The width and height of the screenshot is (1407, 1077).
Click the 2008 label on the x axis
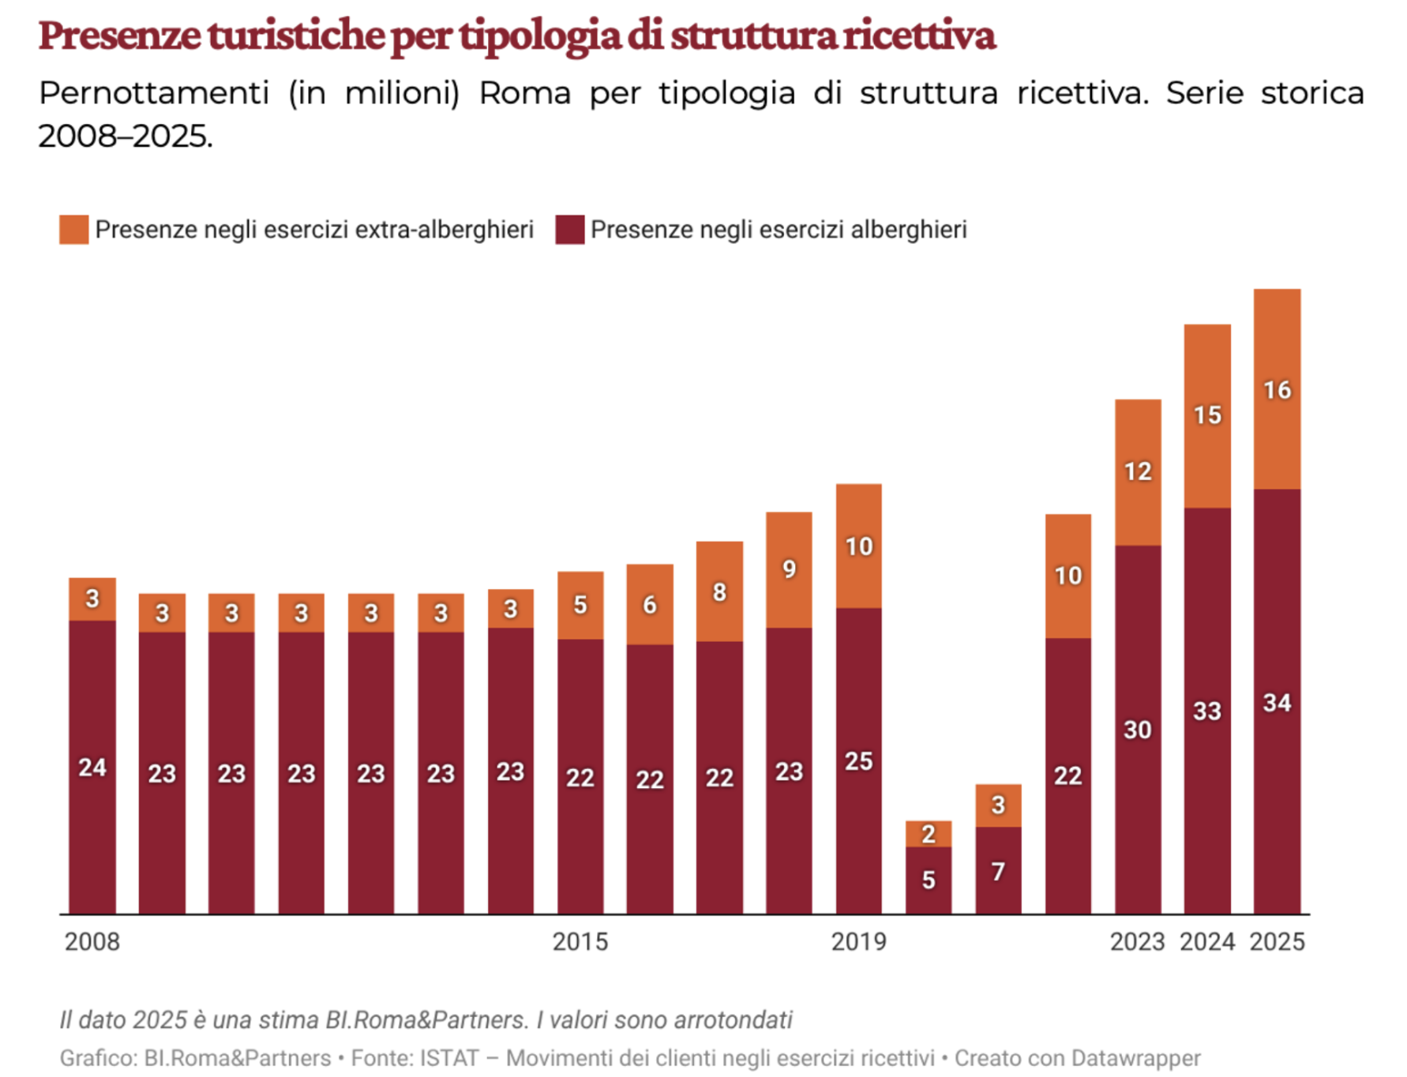click(92, 941)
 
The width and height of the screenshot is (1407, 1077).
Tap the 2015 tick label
click(580, 941)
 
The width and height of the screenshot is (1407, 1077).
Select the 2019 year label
click(859, 941)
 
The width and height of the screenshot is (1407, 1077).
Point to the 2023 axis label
click(1137, 941)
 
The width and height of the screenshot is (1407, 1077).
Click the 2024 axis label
click(1207, 941)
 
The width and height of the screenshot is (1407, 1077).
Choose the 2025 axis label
click(1277, 941)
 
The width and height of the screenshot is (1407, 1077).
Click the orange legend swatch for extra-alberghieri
click(74, 230)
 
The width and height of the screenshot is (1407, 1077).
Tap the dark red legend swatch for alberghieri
click(569, 230)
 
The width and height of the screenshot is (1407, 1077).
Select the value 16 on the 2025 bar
click(1277, 390)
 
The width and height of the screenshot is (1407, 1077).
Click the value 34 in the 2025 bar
click(1277, 703)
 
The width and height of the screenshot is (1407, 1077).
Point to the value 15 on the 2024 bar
click(1207, 415)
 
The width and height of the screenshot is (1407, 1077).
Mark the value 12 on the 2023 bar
click(1138, 472)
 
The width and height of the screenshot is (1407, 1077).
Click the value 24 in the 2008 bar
click(92, 767)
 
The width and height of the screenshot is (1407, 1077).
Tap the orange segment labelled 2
click(929, 834)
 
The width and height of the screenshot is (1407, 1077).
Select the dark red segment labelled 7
click(998, 871)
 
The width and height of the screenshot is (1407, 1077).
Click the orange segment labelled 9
click(789, 569)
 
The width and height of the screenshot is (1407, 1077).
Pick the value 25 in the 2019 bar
click(859, 761)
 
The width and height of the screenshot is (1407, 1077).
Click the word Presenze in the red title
click(119, 36)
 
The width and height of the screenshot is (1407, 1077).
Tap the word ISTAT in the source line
click(449, 1058)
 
